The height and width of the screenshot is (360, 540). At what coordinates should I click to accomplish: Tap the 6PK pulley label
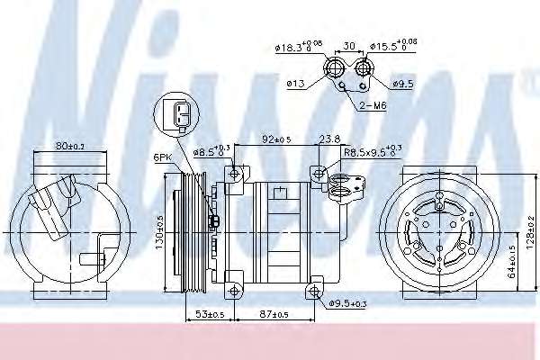pyautogui.click(x=163, y=157)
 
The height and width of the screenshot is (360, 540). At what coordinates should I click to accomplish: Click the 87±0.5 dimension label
pyautogui.click(x=274, y=314)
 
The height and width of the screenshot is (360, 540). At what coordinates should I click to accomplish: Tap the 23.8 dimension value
pyautogui.click(x=328, y=139)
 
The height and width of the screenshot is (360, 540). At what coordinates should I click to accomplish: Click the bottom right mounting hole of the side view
pyautogui.click(x=312, y=289)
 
